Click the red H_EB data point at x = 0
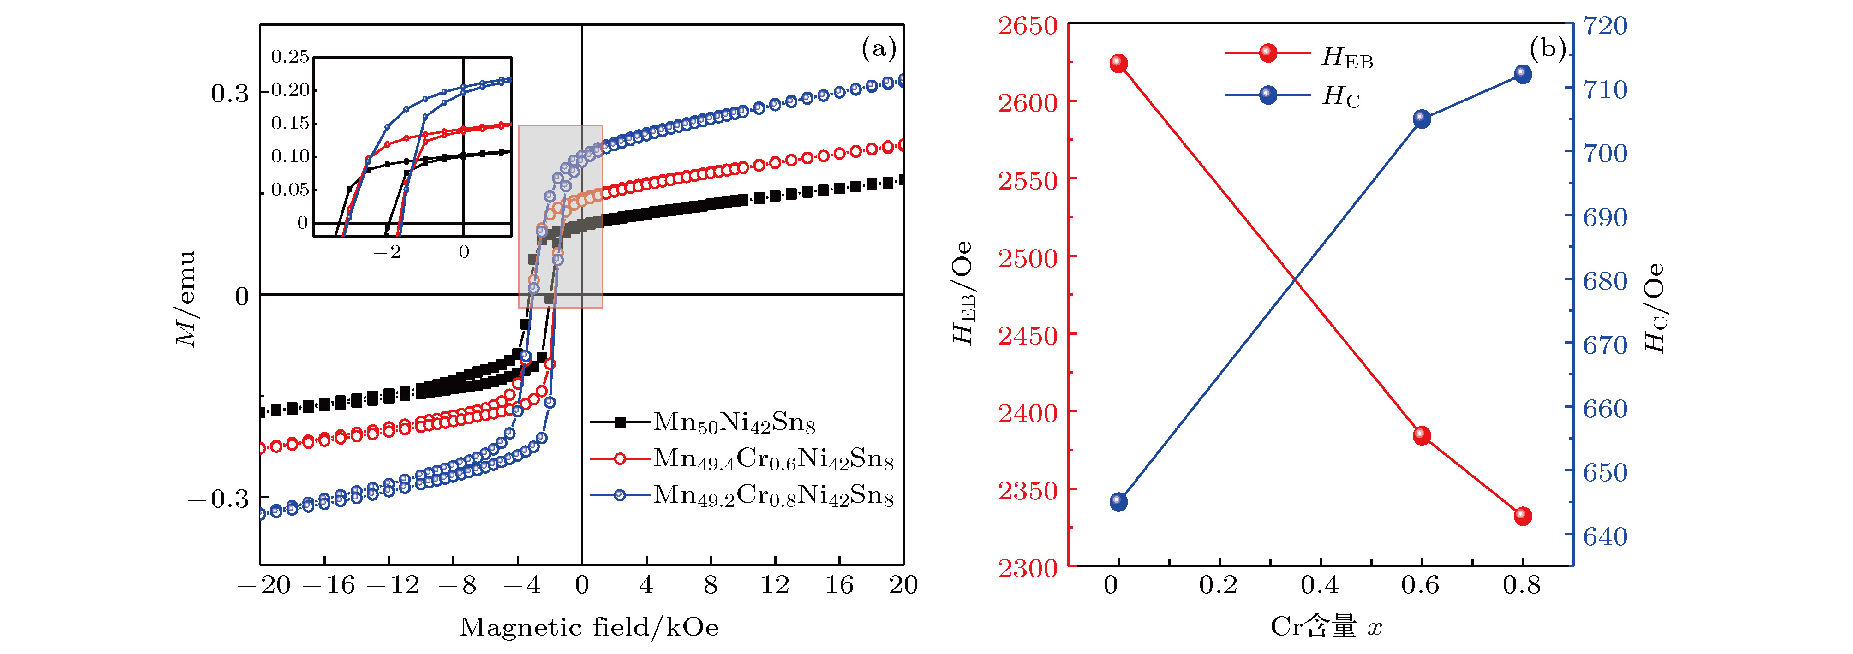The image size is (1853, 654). tap(1118, 63)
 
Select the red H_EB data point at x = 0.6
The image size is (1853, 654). tap(1422, 435)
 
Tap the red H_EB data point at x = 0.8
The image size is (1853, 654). tap(1523, 516)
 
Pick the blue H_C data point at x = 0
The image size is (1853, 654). tap(1118, 502)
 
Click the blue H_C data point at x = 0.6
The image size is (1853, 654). tap(1422, 119)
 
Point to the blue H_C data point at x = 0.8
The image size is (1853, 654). tap(1523, 74)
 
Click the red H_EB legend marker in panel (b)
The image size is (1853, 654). tap(1268, 53)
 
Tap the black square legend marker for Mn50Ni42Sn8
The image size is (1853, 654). tap(619, 422)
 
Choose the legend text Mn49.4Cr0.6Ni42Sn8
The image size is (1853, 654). tap(773, 459)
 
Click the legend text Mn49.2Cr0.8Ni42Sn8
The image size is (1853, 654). tap(773, 496)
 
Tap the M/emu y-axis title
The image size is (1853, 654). tap(186, 298)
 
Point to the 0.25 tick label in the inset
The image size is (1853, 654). tap(290, 57)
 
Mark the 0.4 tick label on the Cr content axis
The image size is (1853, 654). tap(1320, 585)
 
